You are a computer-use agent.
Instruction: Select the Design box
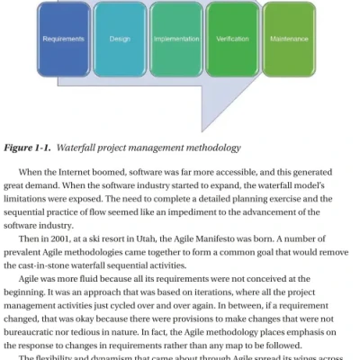point(120,40)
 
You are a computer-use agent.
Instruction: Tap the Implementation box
point(175,40)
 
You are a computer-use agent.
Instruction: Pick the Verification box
point(232,40)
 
